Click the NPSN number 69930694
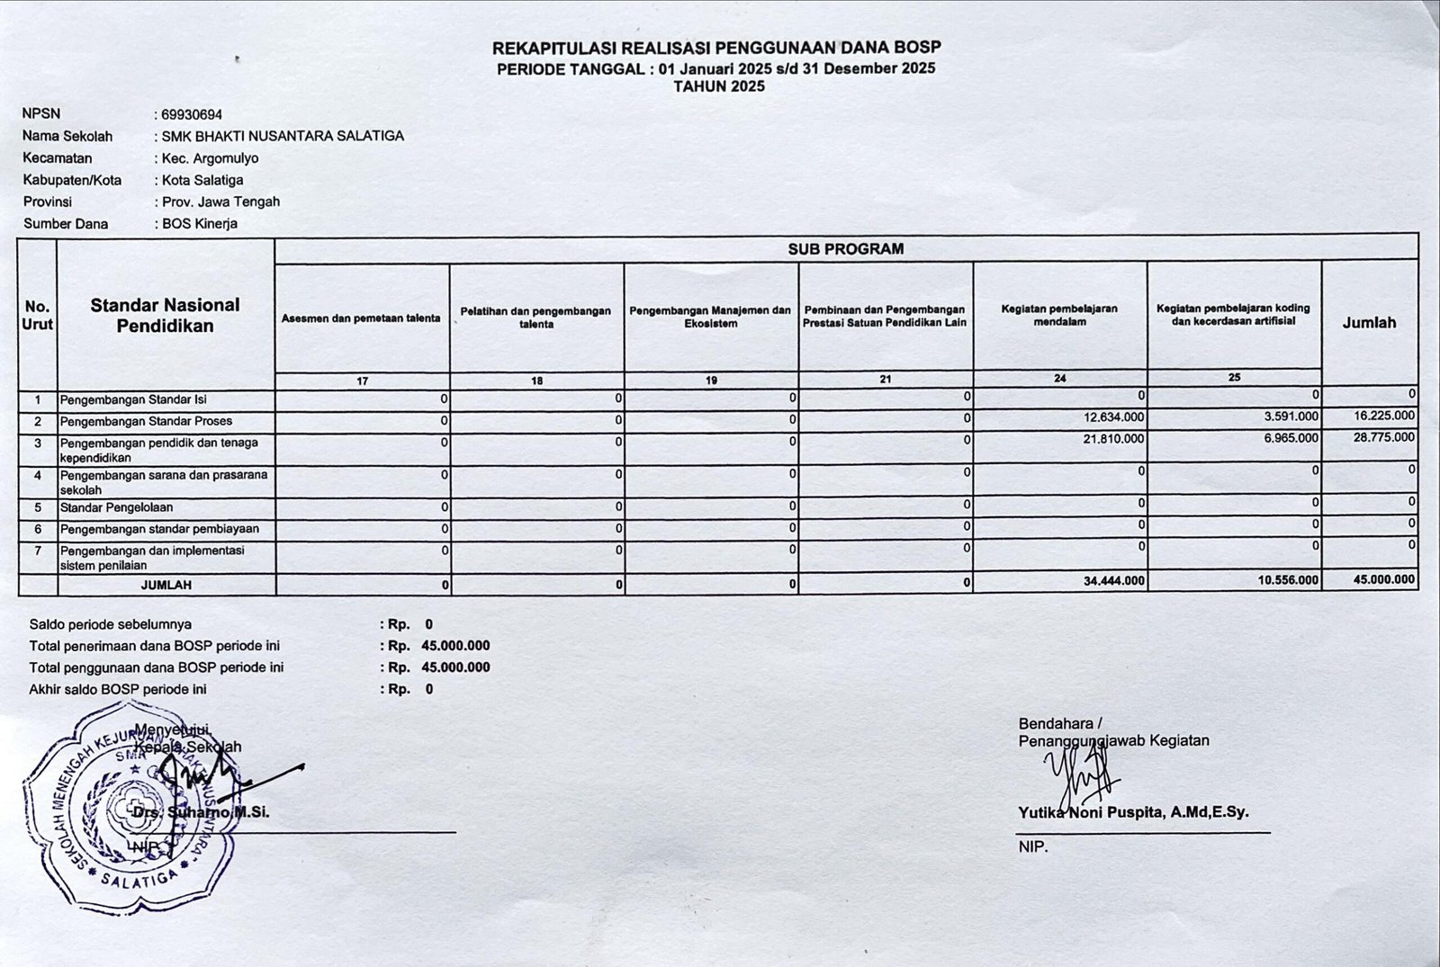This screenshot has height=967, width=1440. point(192,115)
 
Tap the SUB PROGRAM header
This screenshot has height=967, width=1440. point(845,249)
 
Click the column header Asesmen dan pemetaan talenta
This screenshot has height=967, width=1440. point(361,318)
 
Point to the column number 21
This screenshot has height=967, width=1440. point(886,379)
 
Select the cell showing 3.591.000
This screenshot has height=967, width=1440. point(1290,416)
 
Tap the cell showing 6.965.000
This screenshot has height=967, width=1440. point(1290,438)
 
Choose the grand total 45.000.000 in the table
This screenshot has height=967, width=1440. point(1383,580)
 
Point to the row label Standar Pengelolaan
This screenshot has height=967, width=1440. point(116,508)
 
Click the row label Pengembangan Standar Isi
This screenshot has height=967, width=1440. point(133,399)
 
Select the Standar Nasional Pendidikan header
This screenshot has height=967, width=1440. point(166,316)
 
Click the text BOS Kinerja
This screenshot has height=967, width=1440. point(199,224)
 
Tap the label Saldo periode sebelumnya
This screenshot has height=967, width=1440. point(110,624)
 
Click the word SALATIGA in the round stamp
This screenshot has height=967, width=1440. point(139,879)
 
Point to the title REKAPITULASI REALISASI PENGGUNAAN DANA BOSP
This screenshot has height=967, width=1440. point(716,49)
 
